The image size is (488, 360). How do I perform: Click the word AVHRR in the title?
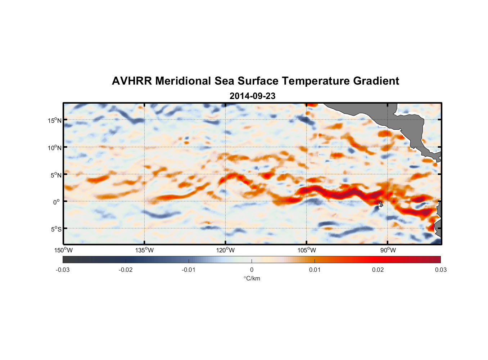132,81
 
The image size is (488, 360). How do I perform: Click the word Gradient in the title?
376,81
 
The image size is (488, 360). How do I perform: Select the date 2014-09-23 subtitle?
252,96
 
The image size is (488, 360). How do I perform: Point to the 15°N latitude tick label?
54,120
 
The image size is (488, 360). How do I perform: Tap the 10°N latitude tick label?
54,148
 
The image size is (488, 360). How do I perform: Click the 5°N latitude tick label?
55,175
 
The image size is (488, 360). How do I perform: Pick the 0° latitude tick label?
57,202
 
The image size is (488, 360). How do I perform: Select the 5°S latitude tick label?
55,229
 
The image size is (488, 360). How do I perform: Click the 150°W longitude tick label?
63,250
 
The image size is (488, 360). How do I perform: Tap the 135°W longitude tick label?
144,250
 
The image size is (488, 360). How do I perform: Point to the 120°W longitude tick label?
225,250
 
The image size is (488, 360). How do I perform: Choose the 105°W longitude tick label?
307,250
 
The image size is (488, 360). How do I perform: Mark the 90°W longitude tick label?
388,250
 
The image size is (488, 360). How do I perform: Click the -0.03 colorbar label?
63,270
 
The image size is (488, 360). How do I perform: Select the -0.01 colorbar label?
189,270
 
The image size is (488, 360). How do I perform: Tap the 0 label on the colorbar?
252,270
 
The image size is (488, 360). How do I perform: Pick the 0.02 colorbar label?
378,270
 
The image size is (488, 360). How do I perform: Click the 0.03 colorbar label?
440,270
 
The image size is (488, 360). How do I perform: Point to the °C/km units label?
252,278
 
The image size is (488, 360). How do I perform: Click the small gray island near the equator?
381,204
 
